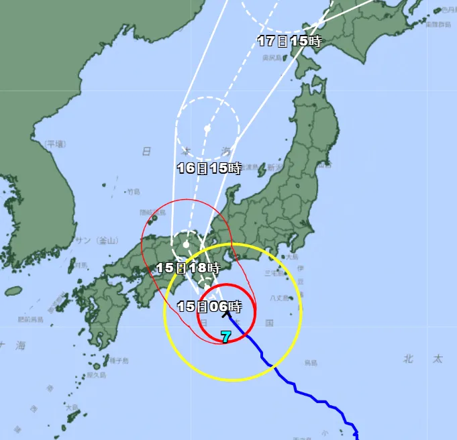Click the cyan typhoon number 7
[x=226, y=337]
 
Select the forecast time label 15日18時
[x=188, y=267]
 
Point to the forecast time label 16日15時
[x=209, y=168]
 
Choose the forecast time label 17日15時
[x=290, y=41]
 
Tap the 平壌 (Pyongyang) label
[x=56, y=144]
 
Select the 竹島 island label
[x=134, y=192]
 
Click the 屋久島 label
[x=97, y=375]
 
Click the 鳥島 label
[x=309, y=363]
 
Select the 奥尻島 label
[x=272, y=58]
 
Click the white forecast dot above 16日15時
[x=207, y=128]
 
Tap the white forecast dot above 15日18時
[x=186, y=245]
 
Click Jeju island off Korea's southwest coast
[x=13, y=291]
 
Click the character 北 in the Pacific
[x=408, y=360]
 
